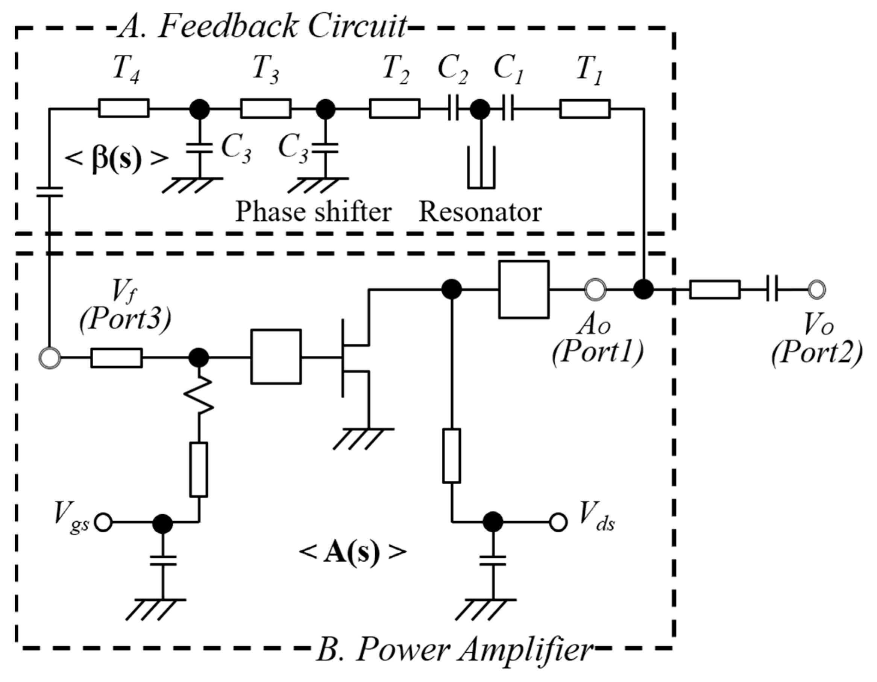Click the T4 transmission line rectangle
pyautogui.click(x=124, y=108)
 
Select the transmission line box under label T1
pyautogui.click(x=585, y=109)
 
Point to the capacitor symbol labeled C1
pyautogui.click(x=508, y=109)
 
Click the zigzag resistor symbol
pyautogui.click(x=198, y=396)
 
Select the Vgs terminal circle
pyautogui.click(x=103, y=523)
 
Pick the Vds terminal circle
pyautogui.click(x=558, y=523)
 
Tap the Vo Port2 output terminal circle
pyautogui.click(x=816, y=289)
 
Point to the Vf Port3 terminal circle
pyautogui.click(x=50, y=357)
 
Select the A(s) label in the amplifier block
pyautogui.click(x=352, y=553)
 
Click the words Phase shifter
pyautogui.click(x=313, y=212)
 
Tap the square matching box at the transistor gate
pyautogui.click(x=276, y=357)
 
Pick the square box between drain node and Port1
pyautogui.click(x=523, y=289)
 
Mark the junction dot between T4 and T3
pyautogui.click(x=199, y=109)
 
